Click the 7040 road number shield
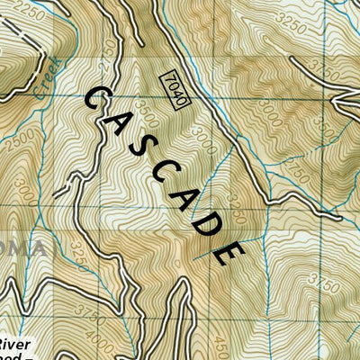176,89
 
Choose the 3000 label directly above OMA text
28,192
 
